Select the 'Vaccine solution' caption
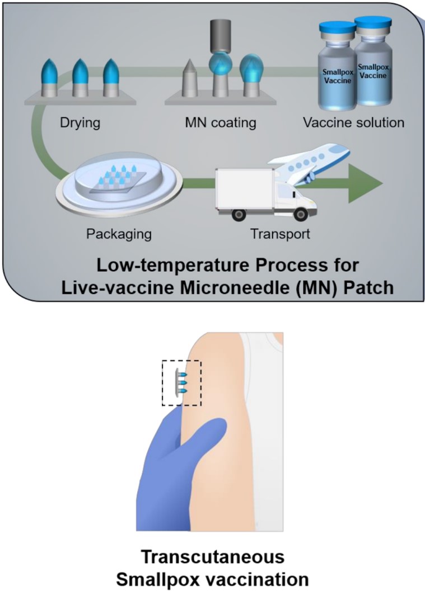click(x=354, y=122)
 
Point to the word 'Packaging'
click(x=119, y=233)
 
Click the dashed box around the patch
click(x=181, y=382)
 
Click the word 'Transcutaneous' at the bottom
click(x=212, y=557)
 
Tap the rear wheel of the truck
click(x=235, y=214)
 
